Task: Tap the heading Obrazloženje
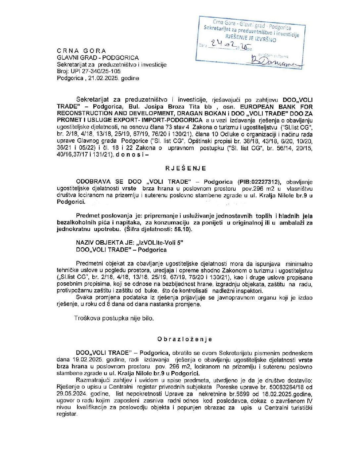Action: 184,339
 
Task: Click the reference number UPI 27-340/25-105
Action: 96,71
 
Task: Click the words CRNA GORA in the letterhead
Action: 81,51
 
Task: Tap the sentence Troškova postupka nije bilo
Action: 114,318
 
